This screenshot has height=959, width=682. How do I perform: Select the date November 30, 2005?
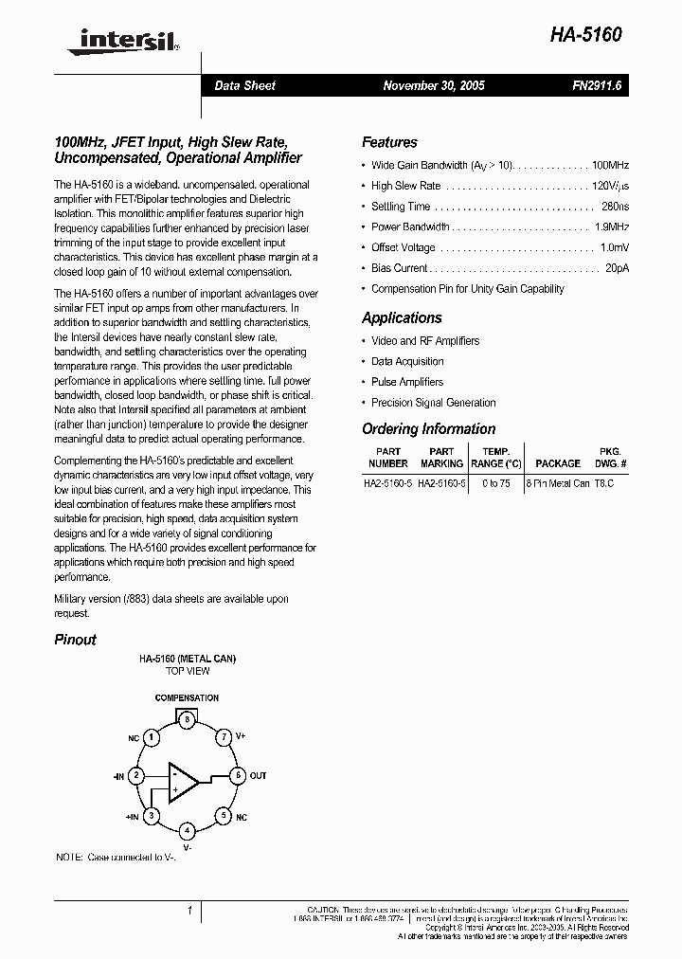(x=433, y=85)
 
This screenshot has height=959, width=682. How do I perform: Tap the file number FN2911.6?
(x=596, y=85)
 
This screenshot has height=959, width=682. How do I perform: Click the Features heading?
(x=389, y=142)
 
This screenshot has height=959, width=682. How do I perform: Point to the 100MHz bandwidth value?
(x=610, y=165)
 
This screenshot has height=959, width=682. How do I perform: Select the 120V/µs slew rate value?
(x=610, y=186)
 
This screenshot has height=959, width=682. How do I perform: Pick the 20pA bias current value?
(x=617, y=268)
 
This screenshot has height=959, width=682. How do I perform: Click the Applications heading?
(x=402, y=318)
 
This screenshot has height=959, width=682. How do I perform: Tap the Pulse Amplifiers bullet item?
(x=407, y=382)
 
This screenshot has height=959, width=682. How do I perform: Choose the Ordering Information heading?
(x=428, y=429)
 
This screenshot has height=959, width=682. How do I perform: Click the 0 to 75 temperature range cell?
(x=495, y=482)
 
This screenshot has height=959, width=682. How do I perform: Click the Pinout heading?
(x=75, y=640)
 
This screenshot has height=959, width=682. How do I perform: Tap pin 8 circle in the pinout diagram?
(x=188, y=719)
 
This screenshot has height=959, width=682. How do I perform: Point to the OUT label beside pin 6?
(x=258, y=775)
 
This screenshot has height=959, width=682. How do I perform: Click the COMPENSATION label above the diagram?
(x=187, y=698)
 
